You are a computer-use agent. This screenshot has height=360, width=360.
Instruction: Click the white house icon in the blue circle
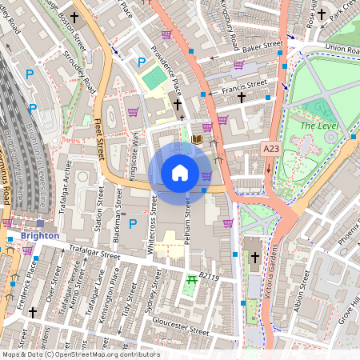point(180,172)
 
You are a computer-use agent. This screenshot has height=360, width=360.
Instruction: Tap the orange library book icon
point(197,141)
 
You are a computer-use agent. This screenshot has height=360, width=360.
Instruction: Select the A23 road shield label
point(272,148)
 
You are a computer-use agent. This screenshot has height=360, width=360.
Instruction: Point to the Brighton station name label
point(40,236)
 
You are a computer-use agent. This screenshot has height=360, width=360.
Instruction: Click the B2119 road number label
point(210,276)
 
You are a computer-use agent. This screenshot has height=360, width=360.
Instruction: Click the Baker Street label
point(263,46)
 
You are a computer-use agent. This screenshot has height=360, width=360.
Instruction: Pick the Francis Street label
point(245,83)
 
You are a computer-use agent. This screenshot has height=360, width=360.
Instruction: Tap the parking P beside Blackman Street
point(133,223)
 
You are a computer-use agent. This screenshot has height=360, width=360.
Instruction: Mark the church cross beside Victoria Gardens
point(255,258)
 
